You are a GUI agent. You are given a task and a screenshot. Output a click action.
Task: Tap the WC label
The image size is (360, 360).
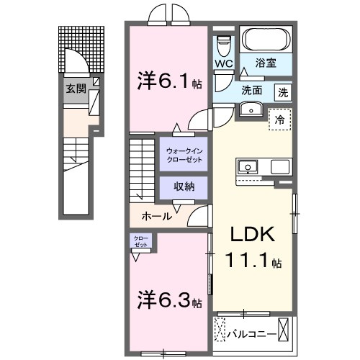point(222,63)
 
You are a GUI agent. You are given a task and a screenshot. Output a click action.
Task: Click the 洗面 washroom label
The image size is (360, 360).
point(251,92)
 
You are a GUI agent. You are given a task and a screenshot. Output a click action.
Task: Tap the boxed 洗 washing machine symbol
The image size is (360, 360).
point(284,92)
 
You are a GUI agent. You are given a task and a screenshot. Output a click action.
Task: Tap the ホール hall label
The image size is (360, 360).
point(156,215)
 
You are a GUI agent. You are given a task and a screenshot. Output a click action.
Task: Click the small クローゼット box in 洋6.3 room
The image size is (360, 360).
point(140,242)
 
